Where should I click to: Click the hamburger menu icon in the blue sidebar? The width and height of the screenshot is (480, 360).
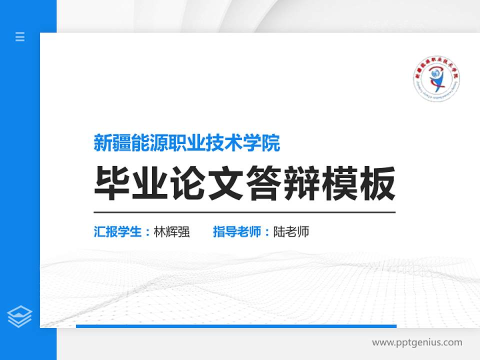coord(20,36)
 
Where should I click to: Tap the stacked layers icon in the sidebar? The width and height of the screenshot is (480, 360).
coord(19,316)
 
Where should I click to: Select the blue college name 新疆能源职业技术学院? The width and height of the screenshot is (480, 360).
coord(187,143)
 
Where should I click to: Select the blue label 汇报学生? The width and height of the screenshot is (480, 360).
coord(118,232)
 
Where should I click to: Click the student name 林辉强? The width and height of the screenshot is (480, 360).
coord(172,232)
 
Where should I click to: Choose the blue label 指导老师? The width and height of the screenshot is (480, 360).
coord(237,232)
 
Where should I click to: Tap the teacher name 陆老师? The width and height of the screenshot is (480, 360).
coord(291,232)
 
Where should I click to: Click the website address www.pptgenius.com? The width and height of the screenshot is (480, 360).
coord(417,342)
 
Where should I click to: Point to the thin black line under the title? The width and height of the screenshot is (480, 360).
coord(244,212)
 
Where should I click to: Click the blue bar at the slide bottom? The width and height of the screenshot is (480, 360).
coord(236,326)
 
